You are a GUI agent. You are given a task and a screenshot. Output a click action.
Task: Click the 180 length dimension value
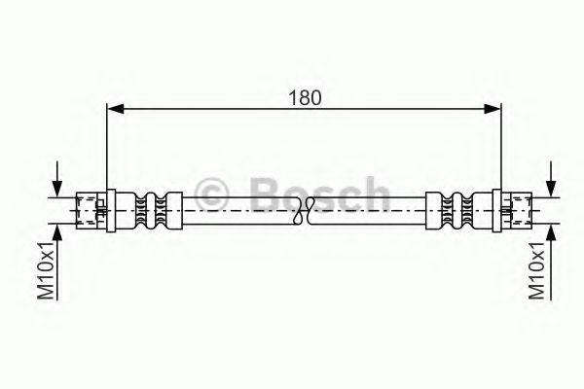click(305, 97)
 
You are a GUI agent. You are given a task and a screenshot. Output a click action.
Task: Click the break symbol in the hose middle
click(307, 207)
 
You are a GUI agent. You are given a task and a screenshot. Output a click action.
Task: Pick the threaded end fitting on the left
click(91, 207)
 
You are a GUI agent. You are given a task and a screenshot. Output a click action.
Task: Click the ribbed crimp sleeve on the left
click(149, 207)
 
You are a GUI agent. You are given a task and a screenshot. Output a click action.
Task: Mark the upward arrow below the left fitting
click(58, 230)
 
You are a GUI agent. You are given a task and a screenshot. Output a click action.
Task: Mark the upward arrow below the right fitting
click(552, 230)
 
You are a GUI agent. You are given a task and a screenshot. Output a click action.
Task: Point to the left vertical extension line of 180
click(105, 146)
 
